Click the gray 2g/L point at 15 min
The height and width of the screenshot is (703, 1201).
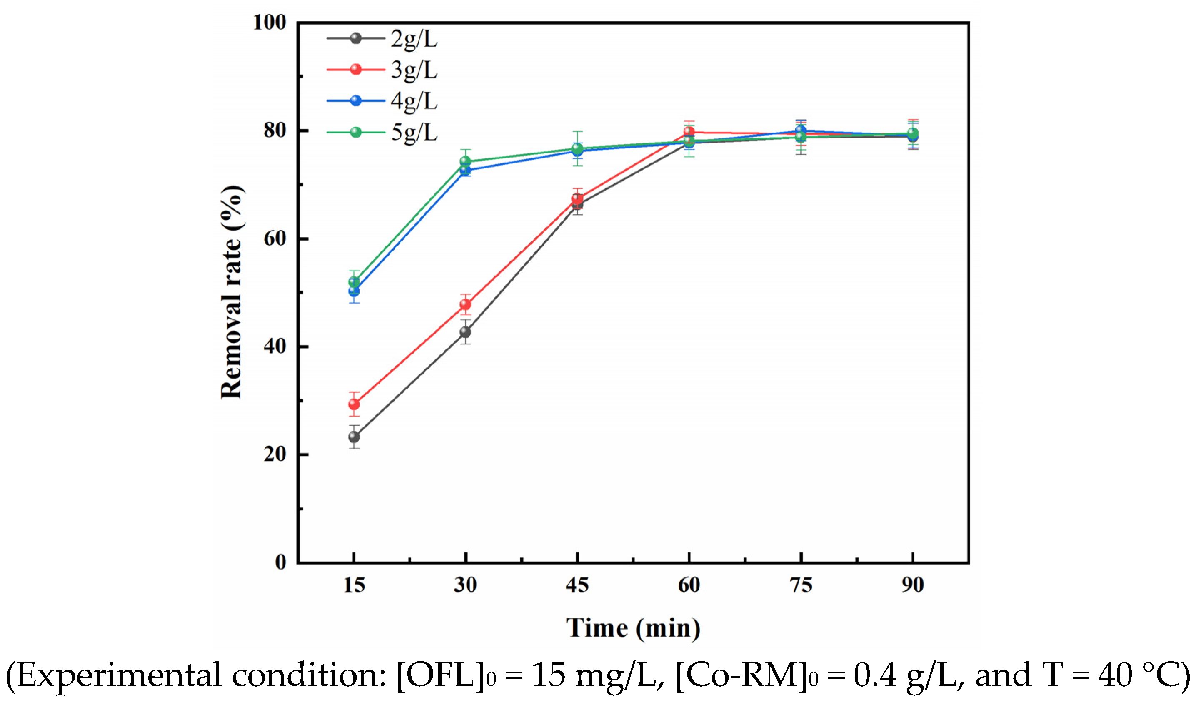[354, 437]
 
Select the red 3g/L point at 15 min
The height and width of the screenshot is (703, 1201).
[354, 404]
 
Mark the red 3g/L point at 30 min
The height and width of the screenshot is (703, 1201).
[466, 304]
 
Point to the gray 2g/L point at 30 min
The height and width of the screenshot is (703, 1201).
[466, 331]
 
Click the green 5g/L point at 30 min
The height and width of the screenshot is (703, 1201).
[466, 161]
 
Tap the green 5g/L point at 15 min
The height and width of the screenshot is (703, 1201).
[354, 282]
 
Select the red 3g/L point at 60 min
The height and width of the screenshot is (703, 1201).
[689, 132]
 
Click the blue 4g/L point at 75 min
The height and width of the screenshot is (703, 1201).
[801, 130]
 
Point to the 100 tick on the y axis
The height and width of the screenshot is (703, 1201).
[269, 23]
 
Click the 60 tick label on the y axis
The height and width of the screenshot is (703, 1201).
[275, 239]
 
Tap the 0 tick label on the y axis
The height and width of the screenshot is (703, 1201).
[281, 562]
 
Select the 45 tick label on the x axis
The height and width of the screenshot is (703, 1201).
[577, 585]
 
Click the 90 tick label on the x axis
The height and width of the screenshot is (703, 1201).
[912, 585]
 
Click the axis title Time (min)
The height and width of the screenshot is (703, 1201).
[633, 628]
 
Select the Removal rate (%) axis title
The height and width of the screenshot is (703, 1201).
[232, 292]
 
